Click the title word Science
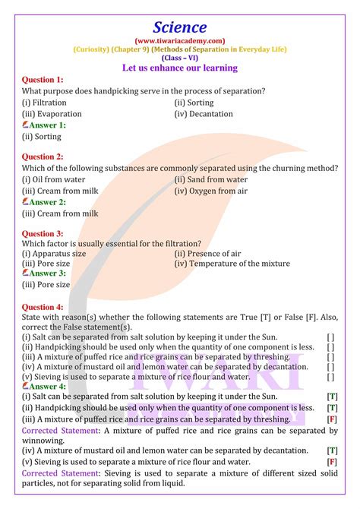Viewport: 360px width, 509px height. [180, 25]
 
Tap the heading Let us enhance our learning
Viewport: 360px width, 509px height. [180, 68]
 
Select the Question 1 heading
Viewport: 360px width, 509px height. [43, 80]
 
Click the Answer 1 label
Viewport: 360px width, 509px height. [46, 125]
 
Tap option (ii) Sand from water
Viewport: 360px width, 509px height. [211, 179]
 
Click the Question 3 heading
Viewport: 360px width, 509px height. [43, 234]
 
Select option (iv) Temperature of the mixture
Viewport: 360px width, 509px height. [232, 264]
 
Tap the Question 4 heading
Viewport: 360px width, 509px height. [43, 307]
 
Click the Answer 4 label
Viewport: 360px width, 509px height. [46, 386]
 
